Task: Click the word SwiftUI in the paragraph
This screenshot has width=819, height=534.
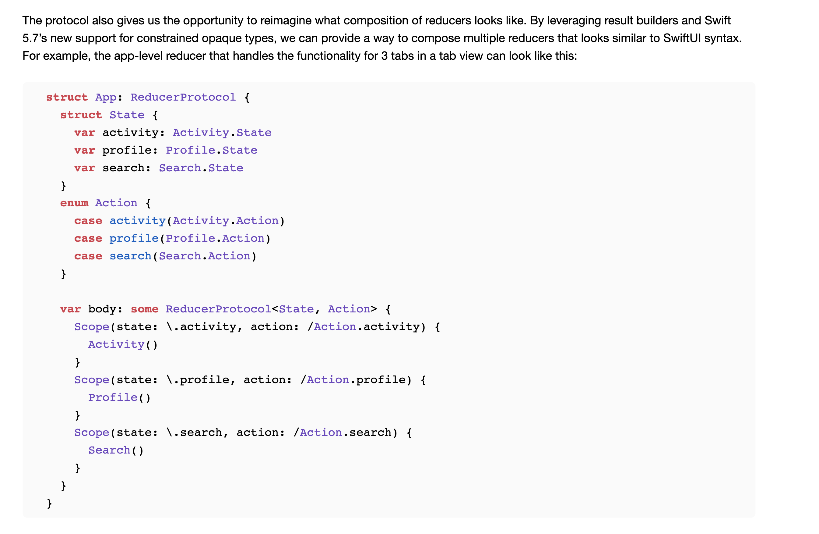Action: tap(682, 38)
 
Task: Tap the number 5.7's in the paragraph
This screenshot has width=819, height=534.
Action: tap(34, 38)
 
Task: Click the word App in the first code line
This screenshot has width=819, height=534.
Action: tap(106, 97)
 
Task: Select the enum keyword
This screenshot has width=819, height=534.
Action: tap(74, 203)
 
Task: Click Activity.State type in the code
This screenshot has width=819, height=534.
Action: tap(222, 132)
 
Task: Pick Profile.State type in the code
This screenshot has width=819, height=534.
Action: tap(211, 150)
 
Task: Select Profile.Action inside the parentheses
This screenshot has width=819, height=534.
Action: tap(215, 238)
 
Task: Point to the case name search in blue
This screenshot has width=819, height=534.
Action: tap(130, 256)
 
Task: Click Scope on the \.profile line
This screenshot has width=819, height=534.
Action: tap(92, 380)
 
